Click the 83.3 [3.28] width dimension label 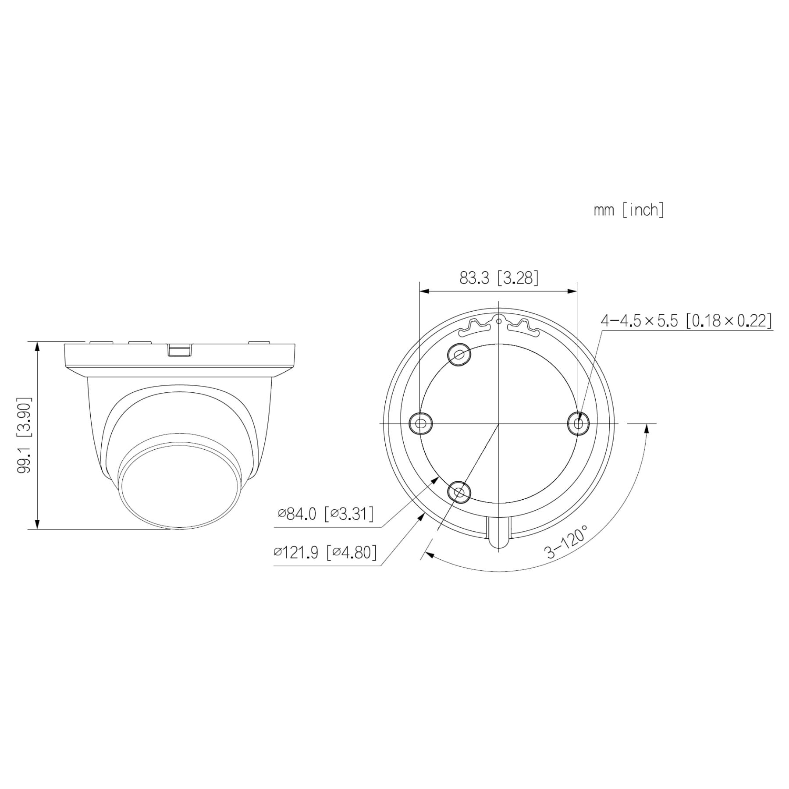pyautogui.click(x=498, y=278)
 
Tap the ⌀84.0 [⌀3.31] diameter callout pyautogui.click(x=326, y=513)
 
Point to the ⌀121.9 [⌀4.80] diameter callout pyautogui.click(x=325, y=552)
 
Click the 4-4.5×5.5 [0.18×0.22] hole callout pyautogui.click(x=686, y=320)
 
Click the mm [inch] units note pyautogui.click(x=629, y=210)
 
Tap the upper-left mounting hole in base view pyautogui.click(x=459, y=354)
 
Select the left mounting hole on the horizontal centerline pyautogui.click(x=420, y=423)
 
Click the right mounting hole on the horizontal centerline pyautogui.click(x=578, y=423)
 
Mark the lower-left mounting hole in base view pyautogui.click(x=459, y=492)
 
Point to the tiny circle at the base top pyautogui.click(x=499, y=321)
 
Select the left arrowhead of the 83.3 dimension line pyautogui.click(x=423, y=291)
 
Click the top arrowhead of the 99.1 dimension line pyautogui.click(x=37, y=346)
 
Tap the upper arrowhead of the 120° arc pyautogui.click(x=647, y=428)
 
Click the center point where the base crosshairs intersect pyautogui.click(x=499, y=423)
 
